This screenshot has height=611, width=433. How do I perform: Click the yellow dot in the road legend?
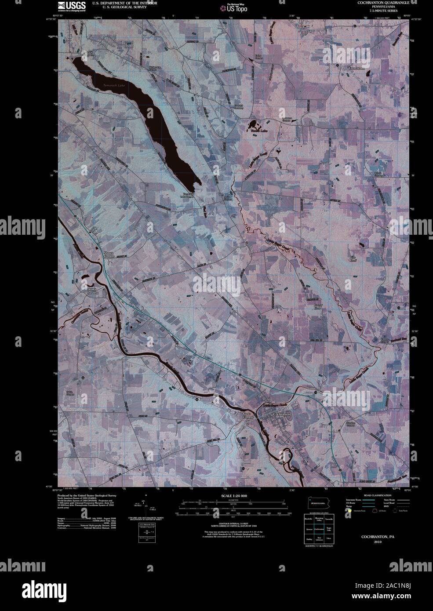pos(349,515)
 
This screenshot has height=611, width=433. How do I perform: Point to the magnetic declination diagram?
pos(147,508)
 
